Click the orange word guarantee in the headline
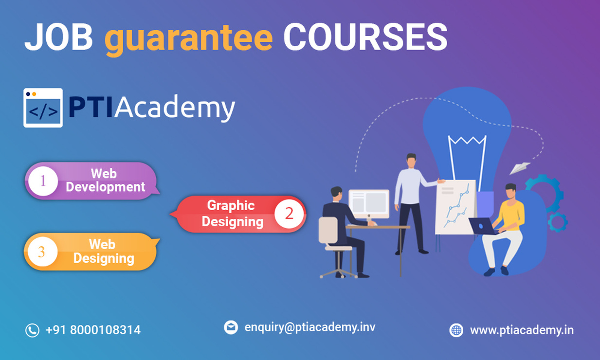tap(189, 39)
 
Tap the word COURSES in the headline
tap(365, 36)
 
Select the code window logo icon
tap(43, 108)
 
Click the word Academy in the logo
tap(175, 108)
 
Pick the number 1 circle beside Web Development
tap(43, 181)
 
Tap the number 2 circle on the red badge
tap(289, 214)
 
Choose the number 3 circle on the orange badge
tap(42, 252)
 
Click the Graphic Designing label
tap(232, 214)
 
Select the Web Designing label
tap(104, 252)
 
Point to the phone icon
tap(32, 330)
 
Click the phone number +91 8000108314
tap(93, 330)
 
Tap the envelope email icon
tap(231, 327)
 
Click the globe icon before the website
tap(456, 330)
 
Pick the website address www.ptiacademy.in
tap(522, 330)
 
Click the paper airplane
tap(520, 168)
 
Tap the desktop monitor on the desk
tap(369, 204)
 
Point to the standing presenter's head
tap(411, 160)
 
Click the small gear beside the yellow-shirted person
tap(558, 222)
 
